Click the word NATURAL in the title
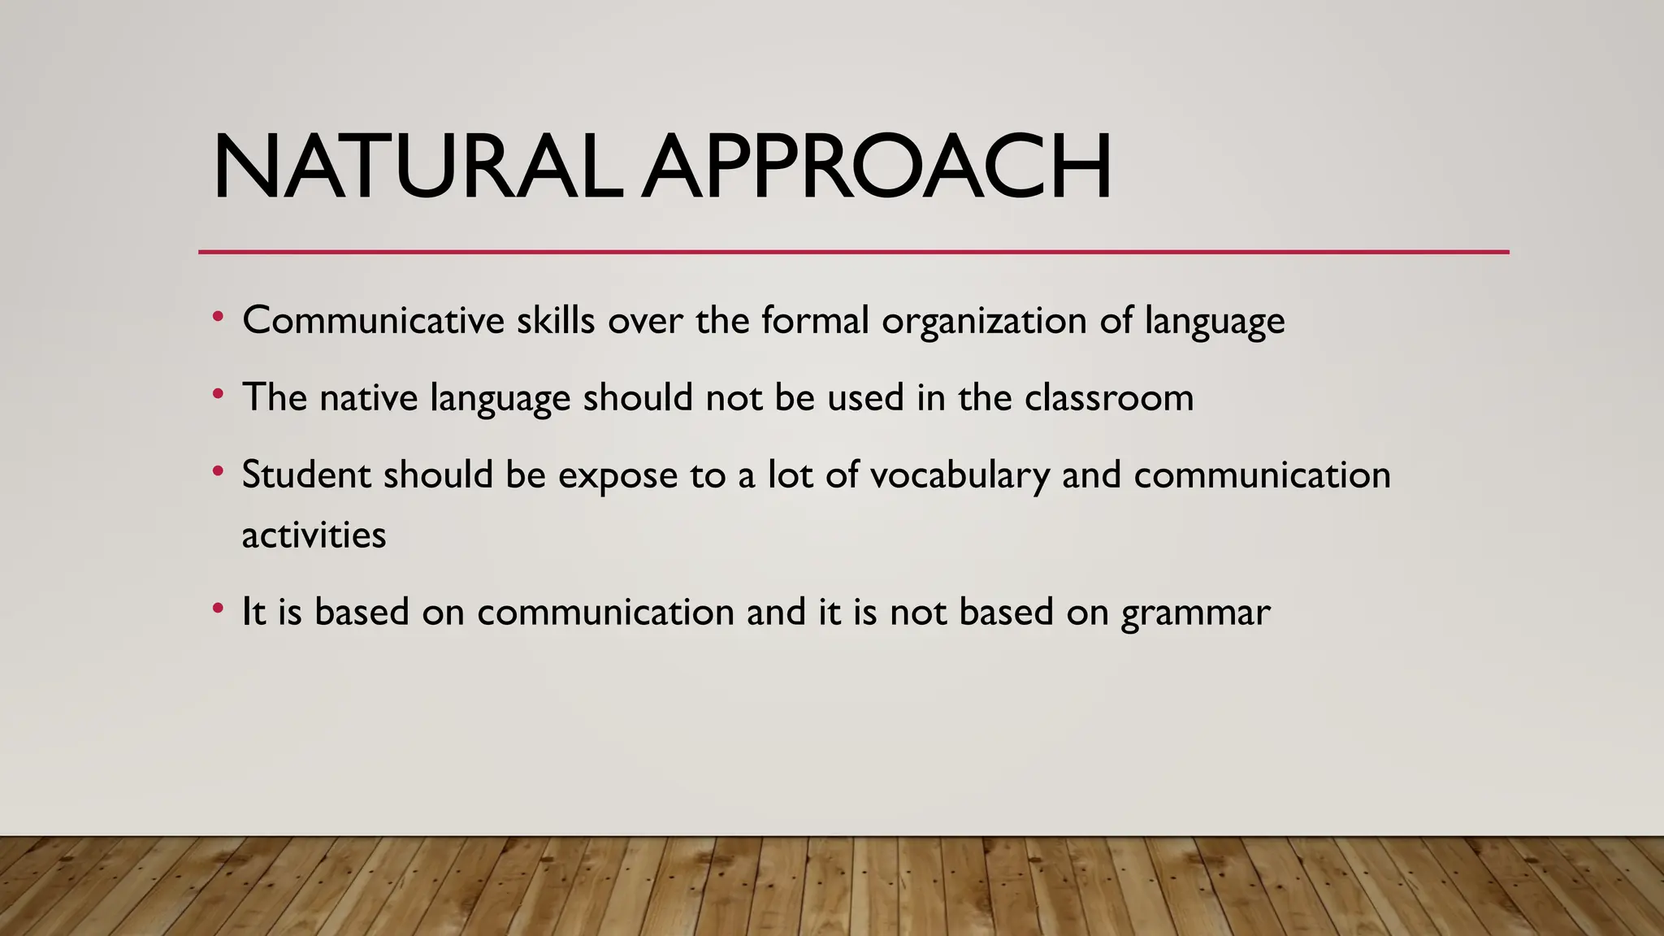pyautogui.click(x=418, y=167)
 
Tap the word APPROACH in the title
pyautogui.click(x=876, y=167)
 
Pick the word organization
pyautogui.click(x=984, y=322)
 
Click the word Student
pyautogui.click(x=306, y=474)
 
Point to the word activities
pyautogui.click(x=314, y=535)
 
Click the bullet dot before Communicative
pyautogui.click(x=217, y=318)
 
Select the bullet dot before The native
pyautogui.click(x=217, y=395)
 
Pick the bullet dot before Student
pyautogui.click(x=217, y=472)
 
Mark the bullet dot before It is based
pyautogui.click(x=217, y=609)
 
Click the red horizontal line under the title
pyautogui.click(x=853, y=252)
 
